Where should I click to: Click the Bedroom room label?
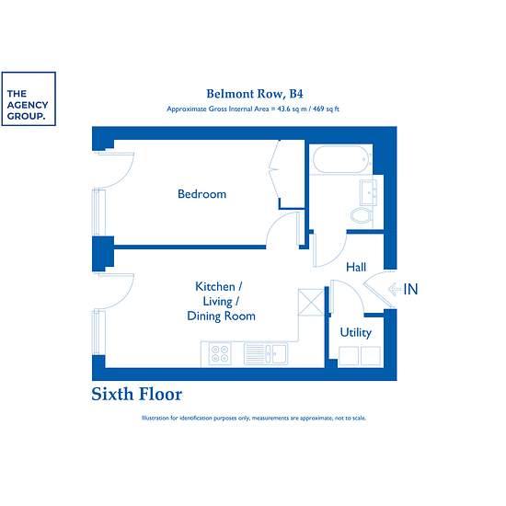click(x=202, y=194)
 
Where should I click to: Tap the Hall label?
click(x=356, y=267)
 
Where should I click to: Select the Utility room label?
click(x=356, y=332)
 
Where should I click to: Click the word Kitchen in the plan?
click(x=215, y=286)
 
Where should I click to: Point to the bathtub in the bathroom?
click(x=341, y=160)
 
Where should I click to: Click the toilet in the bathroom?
click(x=362, y=215)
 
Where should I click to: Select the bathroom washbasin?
click(x=368, y=192)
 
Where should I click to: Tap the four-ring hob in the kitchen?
click(x=220, y=353)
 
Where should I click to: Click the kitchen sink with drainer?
click(x=266, y=353)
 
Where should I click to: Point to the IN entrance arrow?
click(x=395, y=289)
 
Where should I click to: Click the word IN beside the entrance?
click(x=410, y=289)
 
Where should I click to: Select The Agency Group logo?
click(x=29, y=98)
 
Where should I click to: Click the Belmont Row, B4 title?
click(x=255, y=94)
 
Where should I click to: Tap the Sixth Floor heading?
click(x=137, y=394)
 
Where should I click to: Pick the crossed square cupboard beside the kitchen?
click(x=311, y=302)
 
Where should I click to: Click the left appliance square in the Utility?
click(x=349, y=356)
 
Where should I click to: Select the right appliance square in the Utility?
click(x=371, y=356)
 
